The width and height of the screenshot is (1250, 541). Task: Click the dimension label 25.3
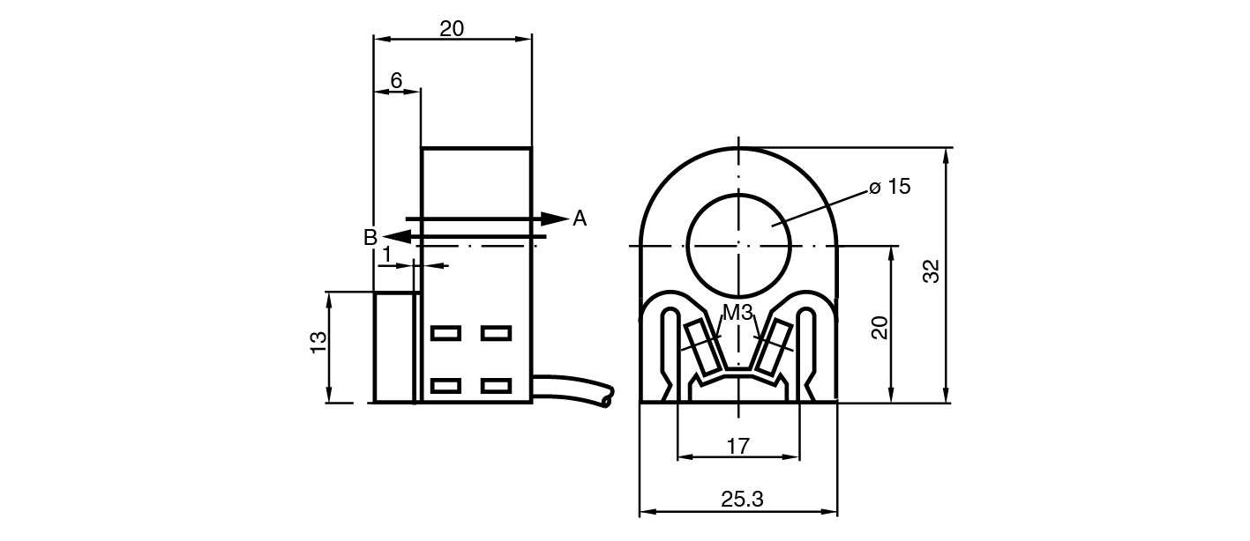click(x=742, y=500)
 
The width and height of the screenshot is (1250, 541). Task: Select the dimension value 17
click(x=737, y=447)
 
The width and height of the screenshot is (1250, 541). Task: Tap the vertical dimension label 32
click(x=932, y=271)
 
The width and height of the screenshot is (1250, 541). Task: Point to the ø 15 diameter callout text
click(x=889, y=187)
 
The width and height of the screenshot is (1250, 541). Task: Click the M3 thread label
click(x=737, y=313)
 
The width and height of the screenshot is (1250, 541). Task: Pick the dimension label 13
click(x=318, y=342)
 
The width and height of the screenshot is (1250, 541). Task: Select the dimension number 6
click(x=396, y=81)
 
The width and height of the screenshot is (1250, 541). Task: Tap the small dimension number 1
click(x=386, y=255)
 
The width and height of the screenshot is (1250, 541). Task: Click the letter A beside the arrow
click(x=580, y=219)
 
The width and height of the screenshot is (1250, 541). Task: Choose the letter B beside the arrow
click(x=371, y=237)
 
